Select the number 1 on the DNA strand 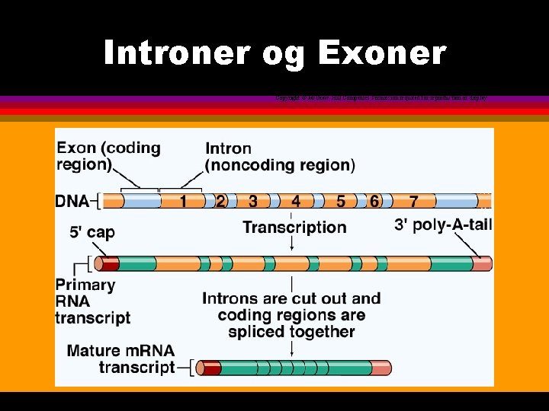click(x=184, y=202)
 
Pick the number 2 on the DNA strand click(x=220, y=202)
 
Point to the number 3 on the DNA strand click(x=252, y=202)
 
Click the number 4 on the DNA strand click(x=296, y=202)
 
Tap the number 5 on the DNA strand click(x=341, y=202)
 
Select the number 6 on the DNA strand click(x=374, y=202)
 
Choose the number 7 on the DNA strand click(x=413, y=202)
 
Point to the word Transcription click(x=294, y=227)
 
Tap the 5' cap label click(x=92, y=232)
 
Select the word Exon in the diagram click(x=78, y=148)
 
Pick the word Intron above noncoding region click(x=228, y=148)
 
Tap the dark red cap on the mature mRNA click(x=210, y=368)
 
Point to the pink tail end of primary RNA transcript click(x=481, y=264)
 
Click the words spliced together click(x=291, y=332)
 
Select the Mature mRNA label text click(x=120, y=352)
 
